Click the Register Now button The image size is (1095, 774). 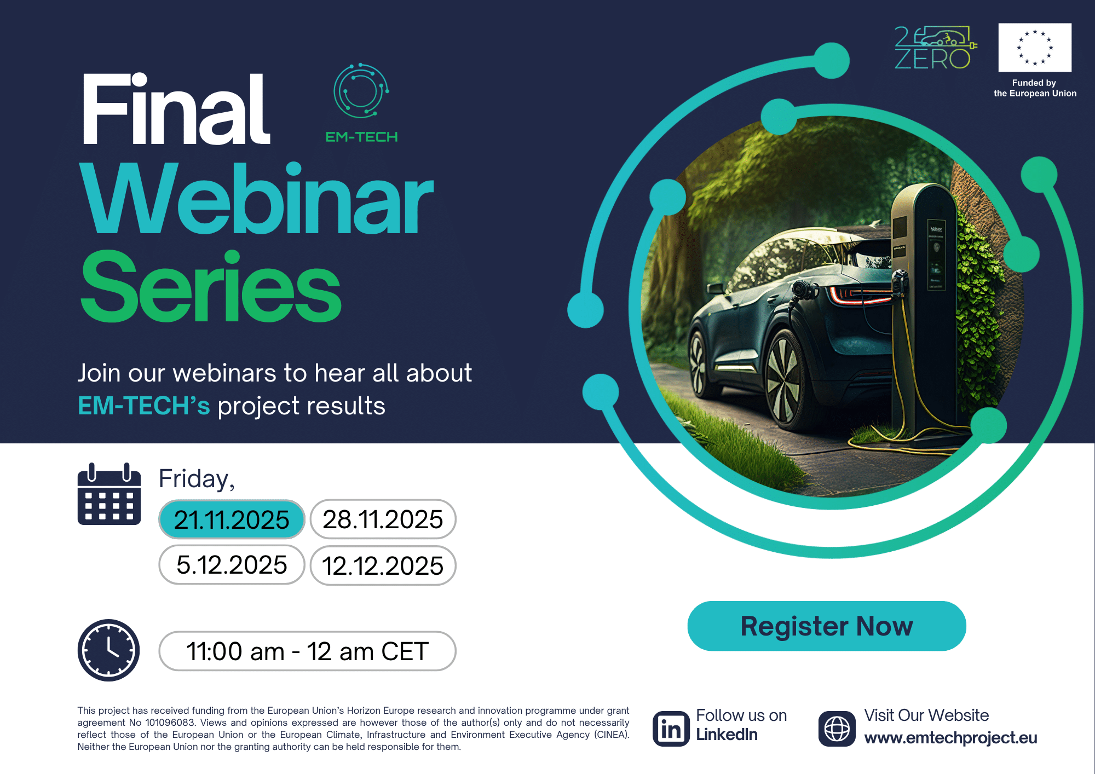click(827, 626)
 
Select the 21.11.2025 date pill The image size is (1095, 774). click(232, 519)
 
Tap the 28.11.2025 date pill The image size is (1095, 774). click(383, 519)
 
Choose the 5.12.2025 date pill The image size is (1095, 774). click(232, 565)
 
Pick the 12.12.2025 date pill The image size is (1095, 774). click(383, 565)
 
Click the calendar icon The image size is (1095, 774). click(109, 494)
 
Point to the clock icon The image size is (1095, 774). click(108, 650)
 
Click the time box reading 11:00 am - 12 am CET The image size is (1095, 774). click(307, 651)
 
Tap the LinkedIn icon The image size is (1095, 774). click(671, 729)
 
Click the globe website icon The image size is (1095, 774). click(837, 729)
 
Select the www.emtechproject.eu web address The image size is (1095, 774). click(950, 738)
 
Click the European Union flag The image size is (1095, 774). click(1035, 48)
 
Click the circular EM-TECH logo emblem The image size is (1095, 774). click(361, 91)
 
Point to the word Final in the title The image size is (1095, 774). click(176, 109)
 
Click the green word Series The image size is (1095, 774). click(211, 286)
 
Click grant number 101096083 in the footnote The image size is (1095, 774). click(170, 723)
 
